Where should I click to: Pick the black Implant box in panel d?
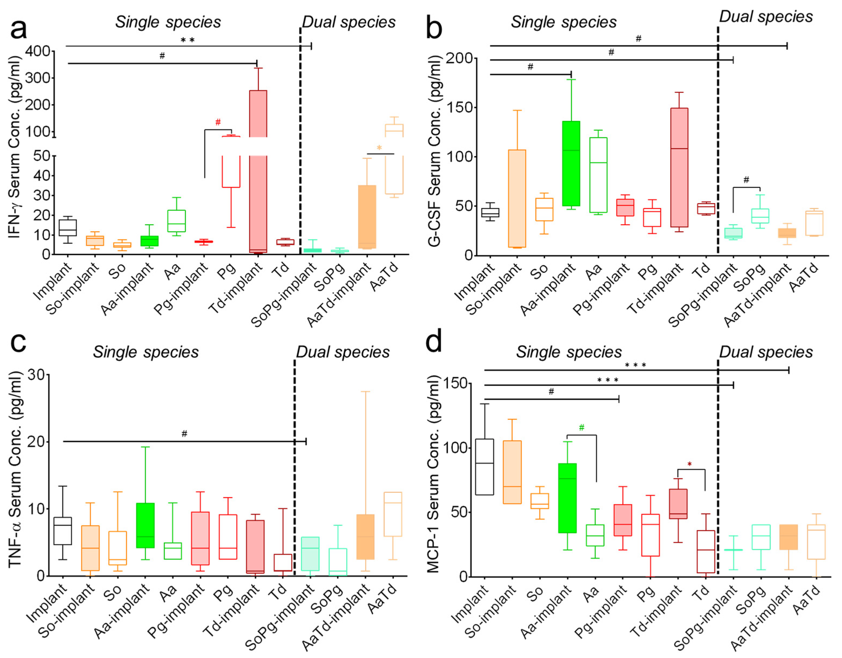click(x=484, y=467)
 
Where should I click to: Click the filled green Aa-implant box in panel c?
click(x=145, y=525)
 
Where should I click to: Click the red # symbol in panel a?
click(x=218, y=122)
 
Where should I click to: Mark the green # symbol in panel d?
click(x=581, y=427)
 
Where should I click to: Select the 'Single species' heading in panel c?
click(x=146, y=352)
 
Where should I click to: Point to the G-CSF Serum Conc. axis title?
click(x=434, y=150)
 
